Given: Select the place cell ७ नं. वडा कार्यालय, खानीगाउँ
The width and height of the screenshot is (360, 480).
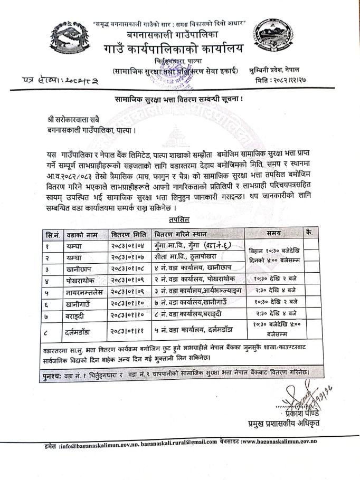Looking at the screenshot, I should coord(195,303).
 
